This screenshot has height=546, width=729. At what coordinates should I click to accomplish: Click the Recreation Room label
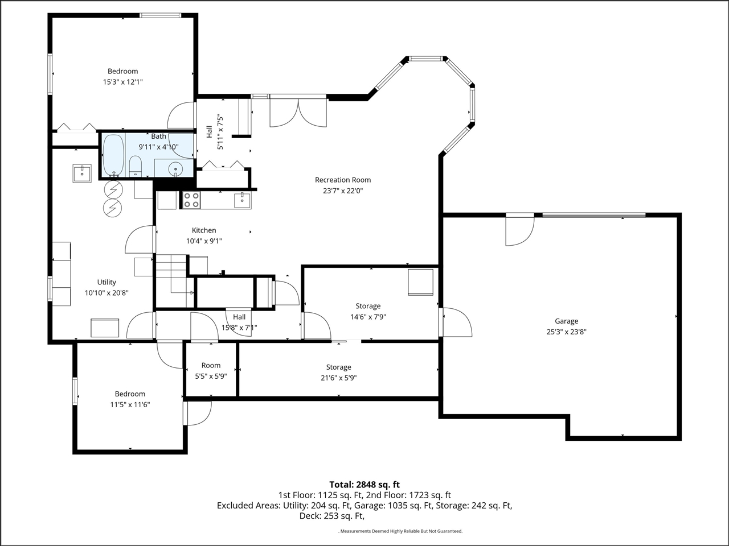[x=343, y=180]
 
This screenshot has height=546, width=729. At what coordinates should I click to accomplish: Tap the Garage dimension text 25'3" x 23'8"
[x=567, y=332]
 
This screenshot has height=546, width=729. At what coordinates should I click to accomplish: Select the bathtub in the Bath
[x=113, y=155]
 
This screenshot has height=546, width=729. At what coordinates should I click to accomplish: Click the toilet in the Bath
[x=135, y=167]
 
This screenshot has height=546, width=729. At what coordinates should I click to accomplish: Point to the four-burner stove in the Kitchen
[x=191, y=200]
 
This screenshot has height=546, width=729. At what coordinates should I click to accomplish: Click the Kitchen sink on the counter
[x=243, y=200]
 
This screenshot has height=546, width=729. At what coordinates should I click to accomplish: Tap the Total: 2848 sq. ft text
[x=364, y=485]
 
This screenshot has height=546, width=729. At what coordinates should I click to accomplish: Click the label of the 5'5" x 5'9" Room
[x=211, y=365]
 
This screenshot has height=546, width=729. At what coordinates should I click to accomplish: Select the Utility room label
[x=107, y=282]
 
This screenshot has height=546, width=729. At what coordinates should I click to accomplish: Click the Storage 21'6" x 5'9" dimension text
[x=339, y=378]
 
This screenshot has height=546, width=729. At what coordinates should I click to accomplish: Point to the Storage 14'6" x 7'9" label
[x=368, y=306]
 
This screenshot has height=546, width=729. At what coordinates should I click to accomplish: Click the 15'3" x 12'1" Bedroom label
[x=123, y=71]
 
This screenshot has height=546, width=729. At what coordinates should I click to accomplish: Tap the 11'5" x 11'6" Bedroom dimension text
[x=130, y=405]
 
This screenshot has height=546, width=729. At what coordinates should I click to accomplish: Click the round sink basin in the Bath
[x=175, y=169]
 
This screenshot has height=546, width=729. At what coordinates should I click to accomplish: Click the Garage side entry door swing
[x=456, y=322]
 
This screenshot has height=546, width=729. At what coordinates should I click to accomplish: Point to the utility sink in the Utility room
[x=82, y=173]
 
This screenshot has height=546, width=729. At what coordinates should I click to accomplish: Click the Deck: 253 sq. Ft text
[x=332, y=516]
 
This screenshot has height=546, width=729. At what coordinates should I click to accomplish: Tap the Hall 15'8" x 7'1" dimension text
[x=239, y=328]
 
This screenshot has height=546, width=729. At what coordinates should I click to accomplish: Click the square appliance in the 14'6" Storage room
[x=420, y=282]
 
